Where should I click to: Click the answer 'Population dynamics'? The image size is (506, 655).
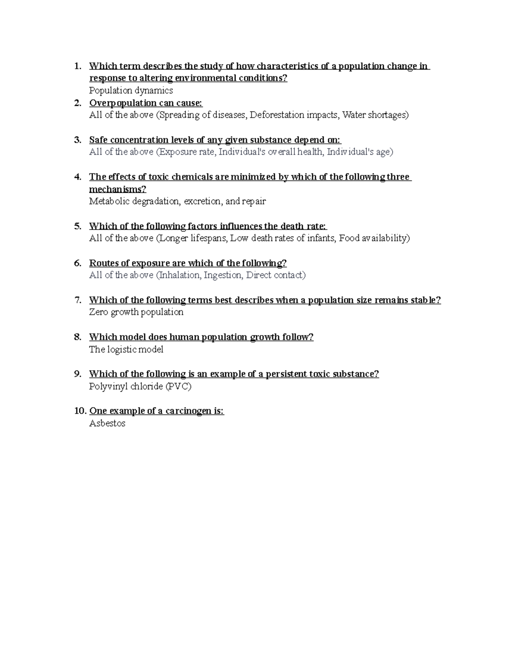click(131, 91)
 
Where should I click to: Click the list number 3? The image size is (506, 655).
click(77, 140)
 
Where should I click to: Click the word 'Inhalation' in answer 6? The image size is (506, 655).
click(179, 275)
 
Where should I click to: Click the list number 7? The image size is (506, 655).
click(77, 300)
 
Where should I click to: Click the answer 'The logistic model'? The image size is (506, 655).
click(126, 350)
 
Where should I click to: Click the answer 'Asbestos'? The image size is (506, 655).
click(107, 423)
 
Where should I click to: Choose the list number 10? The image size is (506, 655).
click(80, 411)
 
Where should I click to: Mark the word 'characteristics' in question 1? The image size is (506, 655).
click(287, 66)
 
